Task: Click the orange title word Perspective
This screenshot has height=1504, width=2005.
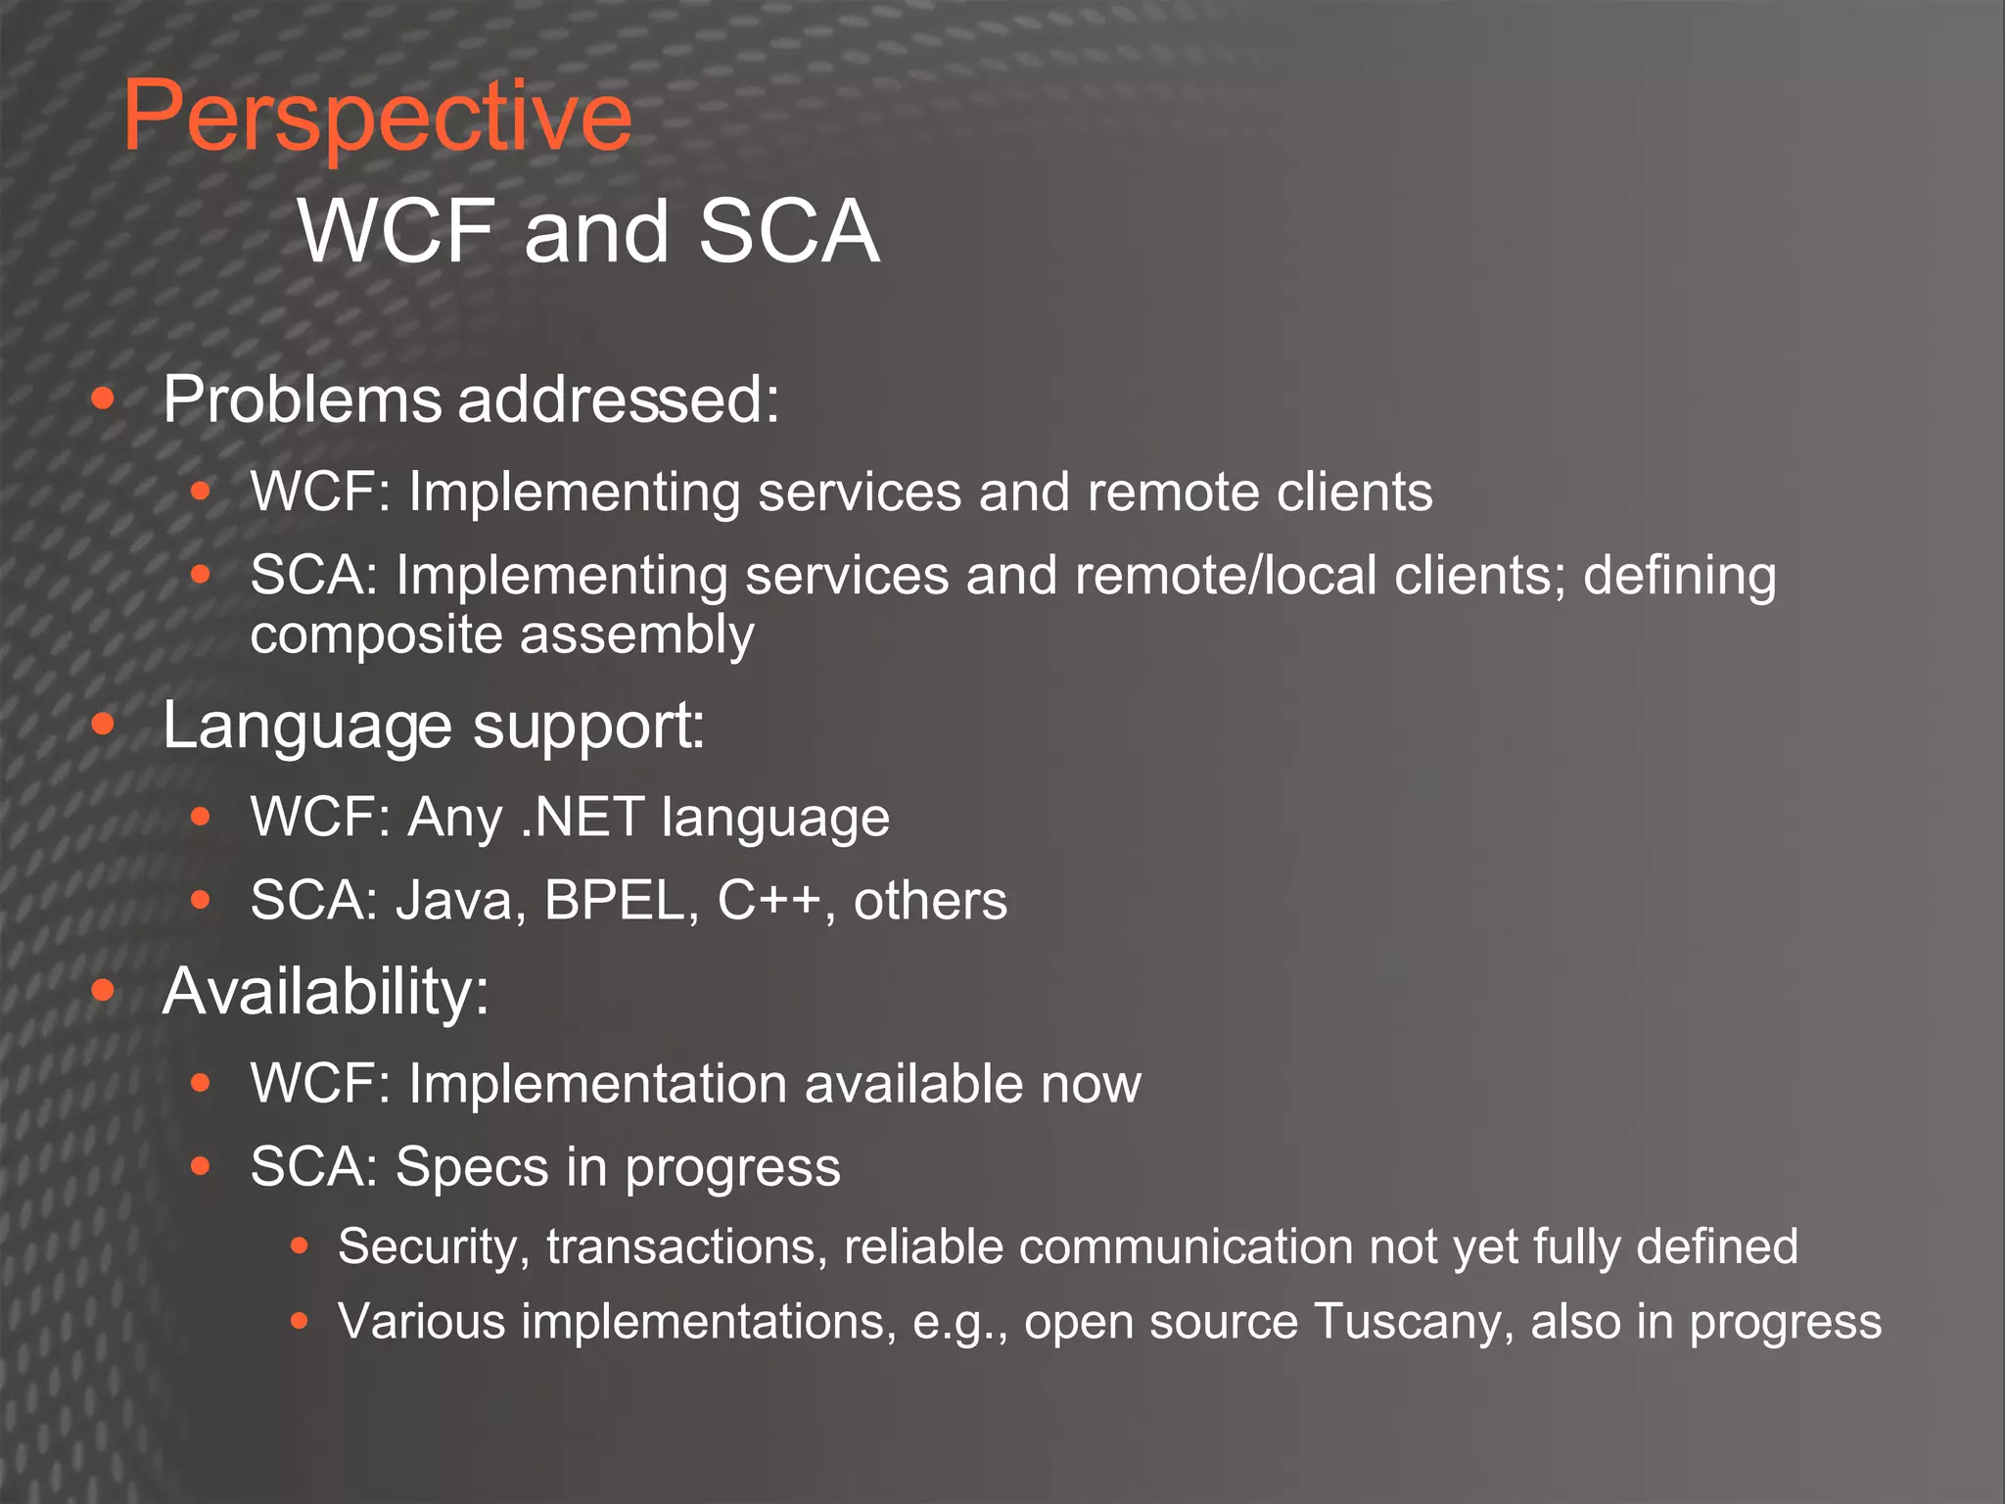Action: pos(377,117)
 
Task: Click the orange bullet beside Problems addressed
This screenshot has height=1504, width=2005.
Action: pos(103,399)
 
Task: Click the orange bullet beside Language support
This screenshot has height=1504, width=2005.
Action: pos(103,725)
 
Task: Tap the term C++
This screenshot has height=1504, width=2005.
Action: pos(769,901)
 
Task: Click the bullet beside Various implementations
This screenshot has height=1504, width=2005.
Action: pos(300,1322)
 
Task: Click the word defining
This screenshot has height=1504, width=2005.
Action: pos(1679,576)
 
